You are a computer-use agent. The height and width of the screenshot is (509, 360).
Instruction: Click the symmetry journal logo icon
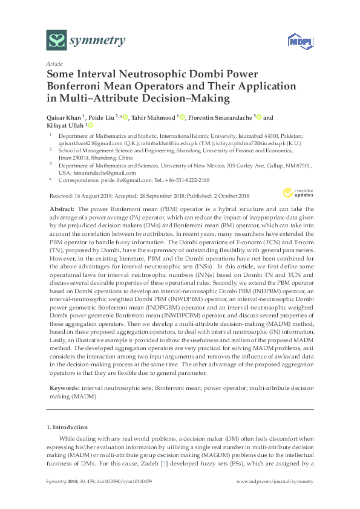click(x=57, y=41)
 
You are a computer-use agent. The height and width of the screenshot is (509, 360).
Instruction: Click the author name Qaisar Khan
click(x=65, y=118)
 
